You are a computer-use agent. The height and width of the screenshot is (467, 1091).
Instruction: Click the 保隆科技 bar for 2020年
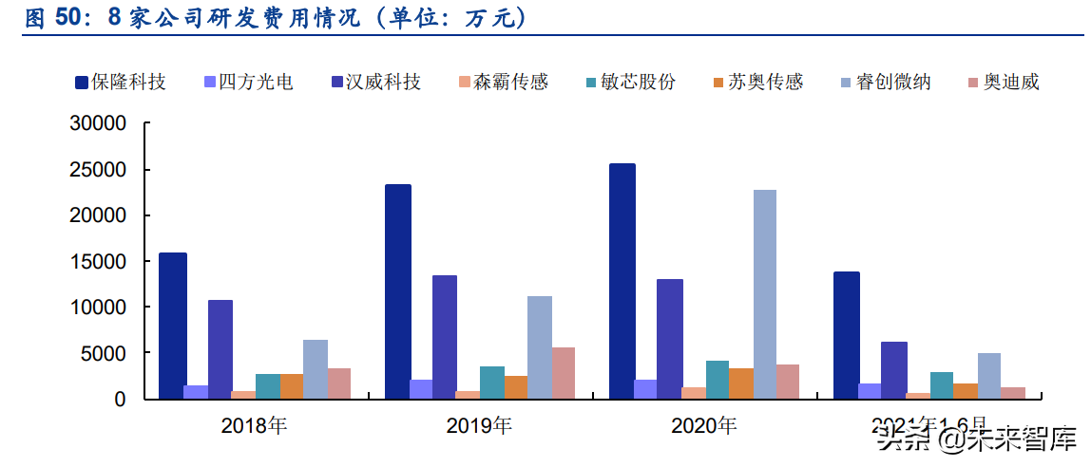coord(622,281)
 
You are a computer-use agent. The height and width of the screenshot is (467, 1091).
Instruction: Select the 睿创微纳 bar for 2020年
coord(765,294)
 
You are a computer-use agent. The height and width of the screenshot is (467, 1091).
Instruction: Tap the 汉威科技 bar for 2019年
coord(445,337)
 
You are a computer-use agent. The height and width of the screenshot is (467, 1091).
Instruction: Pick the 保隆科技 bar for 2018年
coord(173,326)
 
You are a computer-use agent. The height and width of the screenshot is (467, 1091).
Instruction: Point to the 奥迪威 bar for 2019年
coord(564,373)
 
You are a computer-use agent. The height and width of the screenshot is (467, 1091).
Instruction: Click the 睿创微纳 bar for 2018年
coord(316,369)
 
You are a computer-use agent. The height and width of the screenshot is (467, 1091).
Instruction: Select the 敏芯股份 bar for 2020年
coord(718,380)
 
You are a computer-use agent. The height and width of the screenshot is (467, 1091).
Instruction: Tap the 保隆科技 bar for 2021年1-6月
coord(847,335)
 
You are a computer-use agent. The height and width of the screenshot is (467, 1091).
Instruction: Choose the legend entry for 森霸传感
coord(510,83)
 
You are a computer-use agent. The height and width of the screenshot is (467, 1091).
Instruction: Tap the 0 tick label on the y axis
coord(120,400)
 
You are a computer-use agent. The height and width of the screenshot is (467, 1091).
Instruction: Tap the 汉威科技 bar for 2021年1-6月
coord(894,370)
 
